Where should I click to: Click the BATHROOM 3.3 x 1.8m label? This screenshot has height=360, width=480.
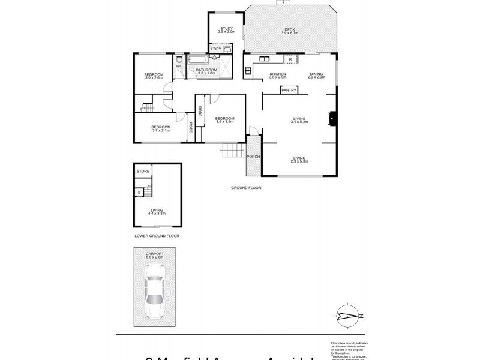click(206, 72)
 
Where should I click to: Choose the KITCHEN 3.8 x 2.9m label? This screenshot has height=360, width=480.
click(278, 76)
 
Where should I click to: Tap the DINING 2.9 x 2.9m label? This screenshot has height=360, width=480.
click(316, 76)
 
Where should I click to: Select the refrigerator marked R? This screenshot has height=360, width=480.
click(290, 59)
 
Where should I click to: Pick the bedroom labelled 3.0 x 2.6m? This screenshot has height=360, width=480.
click(154, 76)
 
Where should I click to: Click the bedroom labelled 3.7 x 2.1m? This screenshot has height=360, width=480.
click(161, 128)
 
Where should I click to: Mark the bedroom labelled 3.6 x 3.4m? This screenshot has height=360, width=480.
click(224, 119)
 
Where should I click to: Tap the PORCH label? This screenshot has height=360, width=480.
click(253, 157)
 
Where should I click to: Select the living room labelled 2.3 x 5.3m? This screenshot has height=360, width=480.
click(299, 160)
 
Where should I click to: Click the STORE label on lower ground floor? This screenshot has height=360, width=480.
click(142, 172)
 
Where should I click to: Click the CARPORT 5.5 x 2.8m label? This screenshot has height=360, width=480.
click(155, 256)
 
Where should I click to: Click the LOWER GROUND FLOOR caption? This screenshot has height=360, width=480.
click(156, 236)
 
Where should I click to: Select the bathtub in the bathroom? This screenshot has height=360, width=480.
click(198, 61)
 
